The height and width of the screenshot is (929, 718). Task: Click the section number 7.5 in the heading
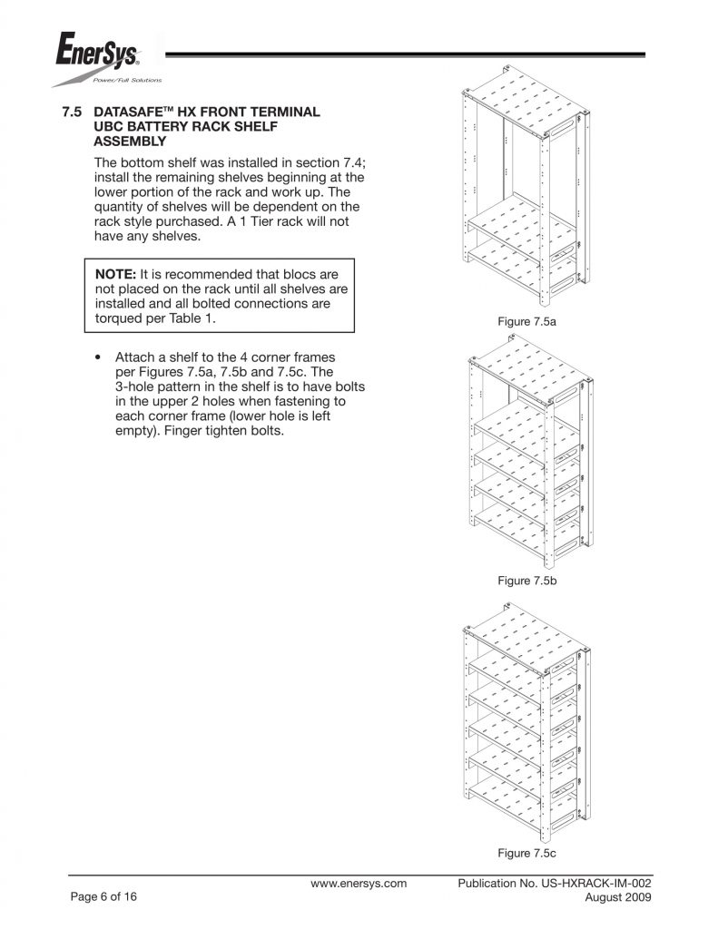pos(72,112)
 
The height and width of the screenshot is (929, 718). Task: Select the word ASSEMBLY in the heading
pos(130,142)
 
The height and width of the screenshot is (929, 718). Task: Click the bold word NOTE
pos(115,273)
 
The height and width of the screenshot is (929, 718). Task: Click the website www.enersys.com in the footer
pos(359,883)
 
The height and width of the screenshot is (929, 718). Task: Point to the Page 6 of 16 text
pos(104,897)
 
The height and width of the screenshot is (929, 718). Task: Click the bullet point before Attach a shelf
pos(98,357)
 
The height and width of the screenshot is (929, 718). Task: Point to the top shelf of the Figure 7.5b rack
pos(525,369)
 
